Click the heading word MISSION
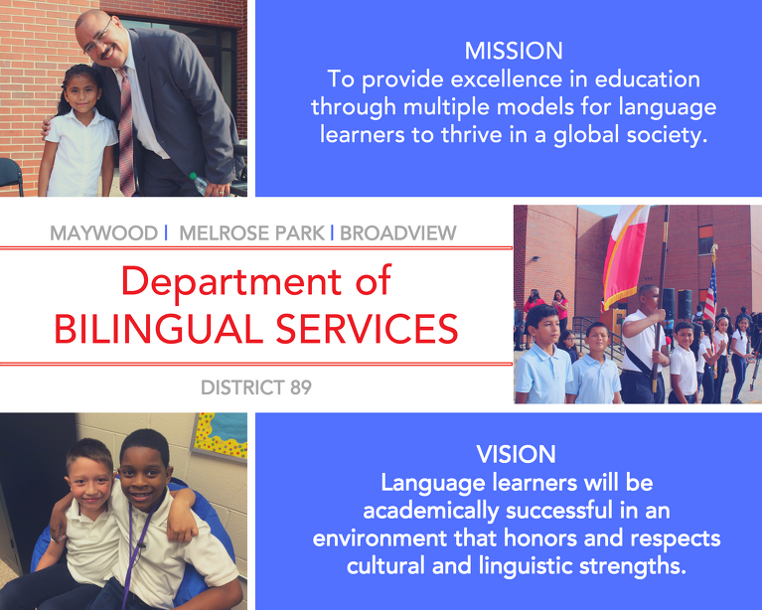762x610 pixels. point(514,51)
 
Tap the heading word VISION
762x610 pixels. point(516,454)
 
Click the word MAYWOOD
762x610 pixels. point(104,232)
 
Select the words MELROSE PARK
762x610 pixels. point(251,232)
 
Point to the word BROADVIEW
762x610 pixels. point(398,232)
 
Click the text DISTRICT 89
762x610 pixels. point(256,387)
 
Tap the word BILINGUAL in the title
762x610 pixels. point(158,329)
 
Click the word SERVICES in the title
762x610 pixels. point(367,329)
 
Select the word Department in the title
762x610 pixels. point(231,282)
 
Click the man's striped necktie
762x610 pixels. point(126,131)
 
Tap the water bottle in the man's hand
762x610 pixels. point(200,183)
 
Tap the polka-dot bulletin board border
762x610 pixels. point(220,435)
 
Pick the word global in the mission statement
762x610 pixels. point(586,135)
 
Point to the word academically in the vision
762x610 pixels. point(430,512)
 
